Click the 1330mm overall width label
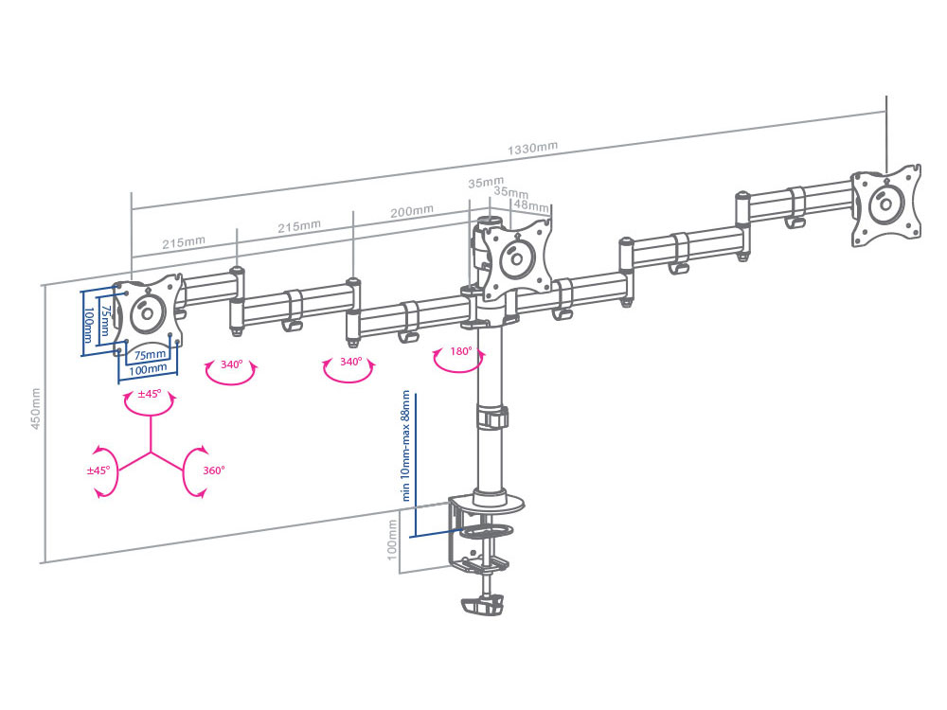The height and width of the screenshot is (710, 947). tap(532, 149)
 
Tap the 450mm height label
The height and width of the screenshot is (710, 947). tap(36, 409)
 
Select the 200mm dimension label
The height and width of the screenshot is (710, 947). tap(412, 212)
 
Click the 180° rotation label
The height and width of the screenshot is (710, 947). tap(461, 351)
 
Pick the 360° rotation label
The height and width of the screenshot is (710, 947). tap(213, 470)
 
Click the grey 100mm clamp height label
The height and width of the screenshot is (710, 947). tap(392, 541)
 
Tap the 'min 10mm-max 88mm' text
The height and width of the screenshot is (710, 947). tap(406, 446)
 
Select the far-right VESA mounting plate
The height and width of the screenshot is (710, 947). tap(885, 205)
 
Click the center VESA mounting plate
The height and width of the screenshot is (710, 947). tap(517, 259)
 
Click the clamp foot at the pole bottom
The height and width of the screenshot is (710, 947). tap(483, 605)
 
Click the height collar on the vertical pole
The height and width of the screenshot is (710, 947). tap(492, 417)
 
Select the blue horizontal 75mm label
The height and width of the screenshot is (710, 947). tap(150, 355)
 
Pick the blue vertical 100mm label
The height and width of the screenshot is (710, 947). tap(88, 325)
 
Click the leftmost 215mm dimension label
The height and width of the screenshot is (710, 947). tap(184, 242)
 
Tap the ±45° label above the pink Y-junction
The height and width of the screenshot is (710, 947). tap(150, 394)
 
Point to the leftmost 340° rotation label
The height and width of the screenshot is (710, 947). tap(231, 364)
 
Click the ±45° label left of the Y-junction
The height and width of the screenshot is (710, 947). tap(98, 470)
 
